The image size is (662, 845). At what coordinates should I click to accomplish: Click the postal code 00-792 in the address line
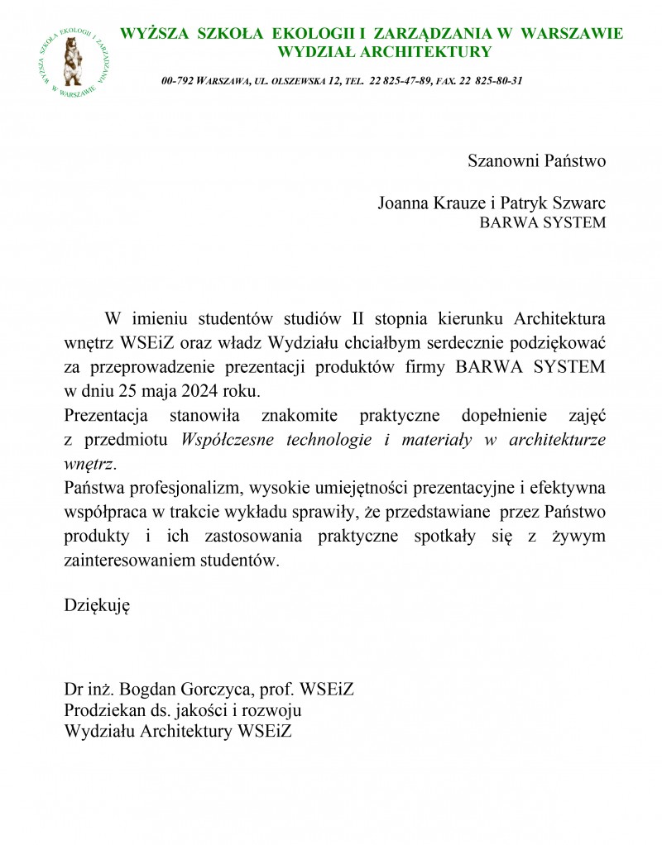pos(178,81)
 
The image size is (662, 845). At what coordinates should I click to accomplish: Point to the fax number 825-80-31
pos(499,81)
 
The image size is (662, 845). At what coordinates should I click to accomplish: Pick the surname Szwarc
pos(577,203)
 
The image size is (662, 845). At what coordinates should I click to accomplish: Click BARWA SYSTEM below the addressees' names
pos(543,222)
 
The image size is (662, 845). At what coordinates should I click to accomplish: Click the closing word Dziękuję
pos(97,605)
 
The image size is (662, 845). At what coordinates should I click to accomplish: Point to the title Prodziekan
pos(102,709)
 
